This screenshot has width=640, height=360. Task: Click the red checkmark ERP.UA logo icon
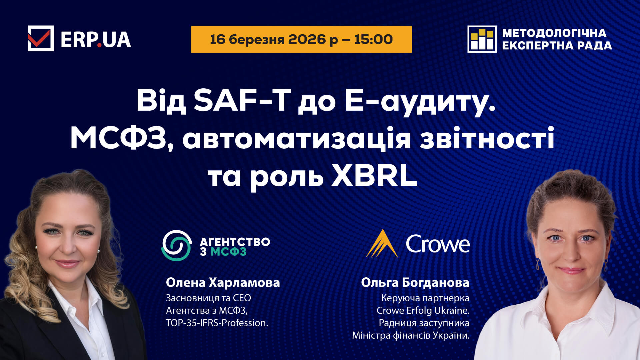tap(41, 38)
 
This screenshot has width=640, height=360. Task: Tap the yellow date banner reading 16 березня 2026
tap(301, 39)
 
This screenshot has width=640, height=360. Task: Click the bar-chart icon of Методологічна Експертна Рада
tap(482, 39)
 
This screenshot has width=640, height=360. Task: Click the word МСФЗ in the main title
tap(119, 139)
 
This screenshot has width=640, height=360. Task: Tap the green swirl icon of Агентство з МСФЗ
tap(177, 245)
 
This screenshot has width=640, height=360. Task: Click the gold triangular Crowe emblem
tap(382, 244)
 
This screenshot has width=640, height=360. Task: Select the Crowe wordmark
tap(438, 244)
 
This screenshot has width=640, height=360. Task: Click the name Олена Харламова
tap(223, 283)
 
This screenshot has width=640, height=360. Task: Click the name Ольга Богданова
tap(415, 283)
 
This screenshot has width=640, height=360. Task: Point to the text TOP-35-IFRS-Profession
tap(217, 323)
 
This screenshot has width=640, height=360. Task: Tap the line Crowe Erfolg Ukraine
tap(423, 310)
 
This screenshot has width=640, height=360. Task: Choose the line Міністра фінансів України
tap(411, 335)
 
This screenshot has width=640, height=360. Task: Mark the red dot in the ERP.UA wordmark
tap(99, 45)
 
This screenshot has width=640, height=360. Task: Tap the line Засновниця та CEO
tap(208, 298)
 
